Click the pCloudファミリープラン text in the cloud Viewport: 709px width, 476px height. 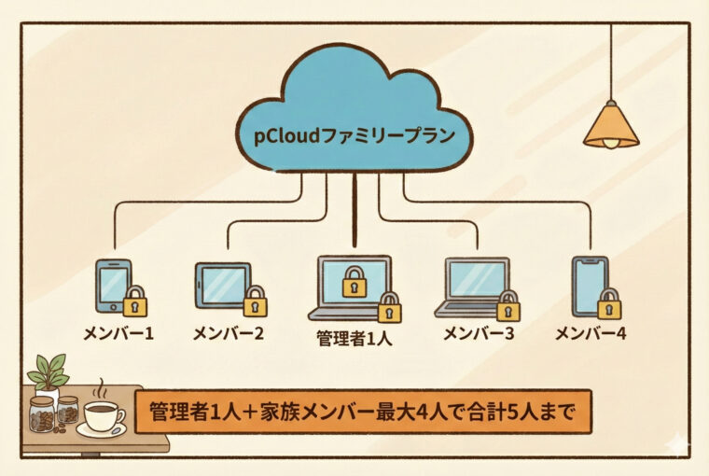tap(355, 135)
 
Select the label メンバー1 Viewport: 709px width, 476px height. tap(118, 332)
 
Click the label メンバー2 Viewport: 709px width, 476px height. tap(229, 332)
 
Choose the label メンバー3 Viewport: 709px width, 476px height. tap(479, 332)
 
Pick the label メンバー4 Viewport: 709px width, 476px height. tap(590, 332)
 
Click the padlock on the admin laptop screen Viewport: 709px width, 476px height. tap(354, 281)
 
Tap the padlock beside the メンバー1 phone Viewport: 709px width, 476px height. tap(136, 301)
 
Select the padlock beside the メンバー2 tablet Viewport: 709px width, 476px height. tap(255, 301)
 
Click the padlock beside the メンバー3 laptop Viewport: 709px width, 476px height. tap(508, 305)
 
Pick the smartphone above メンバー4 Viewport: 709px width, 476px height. tap(589, 284)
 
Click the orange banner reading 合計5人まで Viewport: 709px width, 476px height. tap(363, 411)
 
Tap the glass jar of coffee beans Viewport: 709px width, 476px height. tap(41, 414)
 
